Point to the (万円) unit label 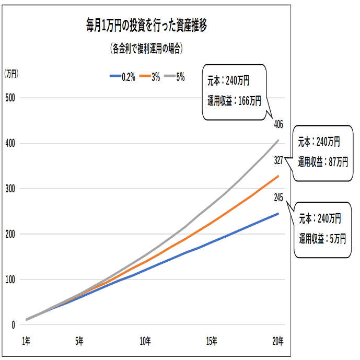point(11,74)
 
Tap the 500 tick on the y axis point(10,98)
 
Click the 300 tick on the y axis point(10,189)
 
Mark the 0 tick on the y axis point(13,325)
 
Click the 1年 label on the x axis point(26,341)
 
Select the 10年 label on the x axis point(145,341)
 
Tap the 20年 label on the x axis point(278,341)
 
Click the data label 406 point(278,124)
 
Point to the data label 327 point(278,161)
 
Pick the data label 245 point(278,198)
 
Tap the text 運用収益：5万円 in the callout point(322,239)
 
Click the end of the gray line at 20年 point(278,140)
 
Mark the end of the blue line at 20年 point(278,213)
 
